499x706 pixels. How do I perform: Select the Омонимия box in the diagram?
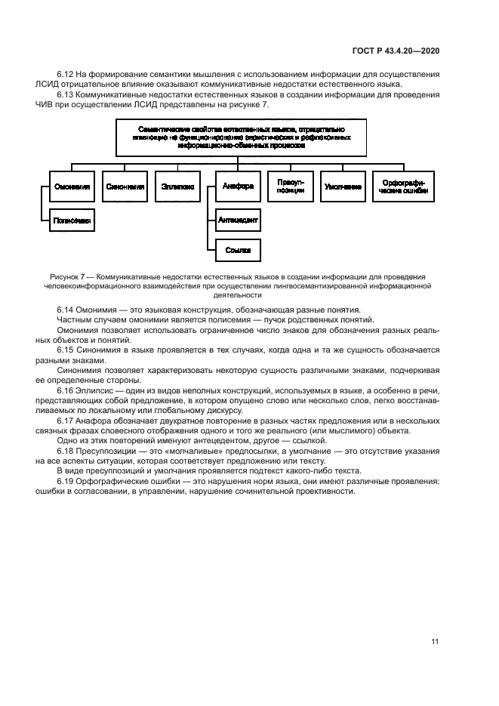click(x=72, y=186)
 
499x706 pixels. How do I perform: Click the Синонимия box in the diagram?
click(x=125, y=186)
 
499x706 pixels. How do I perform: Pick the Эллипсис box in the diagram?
click(x=178, y=186)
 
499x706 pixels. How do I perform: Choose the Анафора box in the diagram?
click(x=237, y=186)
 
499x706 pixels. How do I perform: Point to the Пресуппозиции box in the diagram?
click(x=290, y=186)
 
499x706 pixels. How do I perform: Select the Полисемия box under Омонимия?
click(x=72, y=220)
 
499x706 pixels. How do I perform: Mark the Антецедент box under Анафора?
click(x=238, y=220)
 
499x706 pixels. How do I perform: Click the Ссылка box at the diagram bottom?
click(x=238, y=249)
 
